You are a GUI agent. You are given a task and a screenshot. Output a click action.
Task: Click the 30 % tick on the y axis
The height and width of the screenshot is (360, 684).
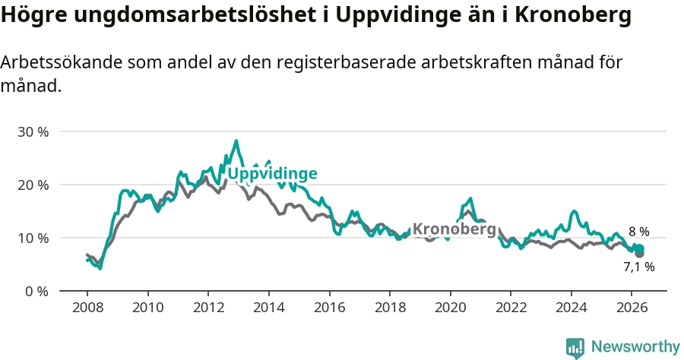tap(33, 131)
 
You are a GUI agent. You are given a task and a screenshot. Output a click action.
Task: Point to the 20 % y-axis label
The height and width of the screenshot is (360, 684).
tap(33, 185)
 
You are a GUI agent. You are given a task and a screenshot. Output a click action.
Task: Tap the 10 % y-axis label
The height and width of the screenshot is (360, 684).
tap(33, 238)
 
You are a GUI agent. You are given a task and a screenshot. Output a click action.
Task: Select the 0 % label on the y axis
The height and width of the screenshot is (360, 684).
tap(36, 291)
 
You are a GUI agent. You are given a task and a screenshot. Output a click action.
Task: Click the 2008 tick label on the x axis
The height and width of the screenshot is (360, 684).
tap(87, 308)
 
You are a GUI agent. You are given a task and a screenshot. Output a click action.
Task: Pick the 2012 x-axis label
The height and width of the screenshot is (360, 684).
tap(208, 308)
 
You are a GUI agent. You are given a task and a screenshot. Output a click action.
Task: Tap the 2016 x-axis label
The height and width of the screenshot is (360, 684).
tap(329, 308)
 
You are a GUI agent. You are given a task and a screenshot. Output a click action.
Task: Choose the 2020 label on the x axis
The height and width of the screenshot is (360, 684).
tap(451, 308)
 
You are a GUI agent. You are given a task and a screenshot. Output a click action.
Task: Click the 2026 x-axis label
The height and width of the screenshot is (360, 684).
tap(632, 308)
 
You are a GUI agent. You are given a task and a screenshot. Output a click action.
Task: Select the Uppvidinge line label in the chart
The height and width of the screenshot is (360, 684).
tap(273, 173)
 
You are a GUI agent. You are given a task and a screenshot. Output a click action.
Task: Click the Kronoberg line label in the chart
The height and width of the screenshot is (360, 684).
tap(454, 229)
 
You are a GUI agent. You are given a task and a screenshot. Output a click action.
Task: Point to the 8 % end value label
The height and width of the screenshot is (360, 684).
tap(638, 232)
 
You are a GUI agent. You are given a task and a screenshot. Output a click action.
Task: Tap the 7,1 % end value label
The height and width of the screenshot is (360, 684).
tap(639, 267)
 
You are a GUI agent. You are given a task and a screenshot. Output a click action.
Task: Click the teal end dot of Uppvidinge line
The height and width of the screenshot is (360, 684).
tap(639, 249)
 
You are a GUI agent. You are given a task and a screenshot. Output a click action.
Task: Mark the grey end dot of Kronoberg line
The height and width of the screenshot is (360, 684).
tap(640, 254)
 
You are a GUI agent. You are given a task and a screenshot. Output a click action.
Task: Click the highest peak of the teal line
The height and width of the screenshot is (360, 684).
tap(236, 141)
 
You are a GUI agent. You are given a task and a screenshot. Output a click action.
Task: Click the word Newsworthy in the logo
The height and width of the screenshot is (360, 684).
tap(635, 346)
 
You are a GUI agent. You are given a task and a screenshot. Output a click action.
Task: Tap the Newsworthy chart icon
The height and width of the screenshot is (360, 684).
tap(575, 348)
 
